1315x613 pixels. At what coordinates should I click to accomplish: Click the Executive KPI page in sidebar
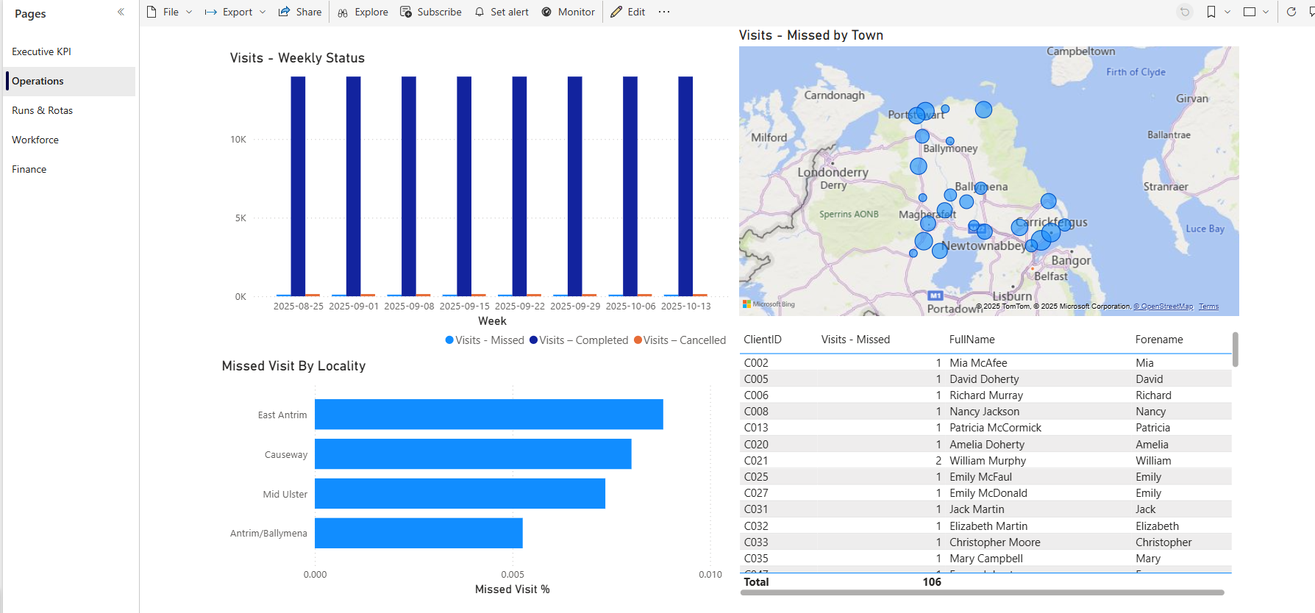41,51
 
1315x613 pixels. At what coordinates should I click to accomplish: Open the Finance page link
29,169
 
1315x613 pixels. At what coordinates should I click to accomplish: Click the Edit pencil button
628,12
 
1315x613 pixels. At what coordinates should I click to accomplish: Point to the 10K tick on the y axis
238,140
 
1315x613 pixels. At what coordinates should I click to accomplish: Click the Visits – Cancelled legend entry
680,340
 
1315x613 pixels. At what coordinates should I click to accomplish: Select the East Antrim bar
488,415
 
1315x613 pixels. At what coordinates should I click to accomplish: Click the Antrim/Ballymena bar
418,533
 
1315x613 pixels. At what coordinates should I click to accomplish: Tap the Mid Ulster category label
285,495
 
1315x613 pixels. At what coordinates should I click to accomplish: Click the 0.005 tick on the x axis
513,575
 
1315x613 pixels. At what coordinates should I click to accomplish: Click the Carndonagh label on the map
834,96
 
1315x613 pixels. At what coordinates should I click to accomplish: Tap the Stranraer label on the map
1165,187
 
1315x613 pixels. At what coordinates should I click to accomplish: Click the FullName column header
972,340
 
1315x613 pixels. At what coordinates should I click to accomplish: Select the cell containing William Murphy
987,461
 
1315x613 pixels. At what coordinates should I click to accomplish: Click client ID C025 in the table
756,477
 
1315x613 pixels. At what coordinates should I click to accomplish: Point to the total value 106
931,582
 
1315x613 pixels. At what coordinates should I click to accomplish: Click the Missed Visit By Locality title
293,366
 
